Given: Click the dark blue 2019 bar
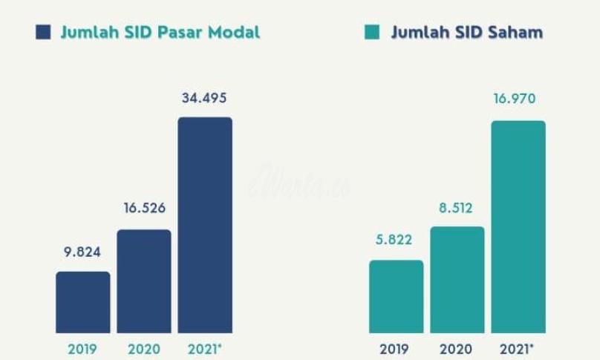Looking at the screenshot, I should [x=82, y=302].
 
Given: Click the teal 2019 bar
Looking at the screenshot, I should [x=396, y=296].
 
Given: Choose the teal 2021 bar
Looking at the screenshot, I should [x=518, y=226].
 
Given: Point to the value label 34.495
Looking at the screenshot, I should [x=204, y=97].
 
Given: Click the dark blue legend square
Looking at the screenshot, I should [x=43, y=33].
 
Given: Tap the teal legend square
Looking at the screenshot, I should [x=371, y=33].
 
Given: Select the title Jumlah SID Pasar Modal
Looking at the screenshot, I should [x=160, y=33].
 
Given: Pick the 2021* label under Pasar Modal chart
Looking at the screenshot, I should [x=206, y=348].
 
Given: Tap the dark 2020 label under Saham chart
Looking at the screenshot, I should [x=457, y=348].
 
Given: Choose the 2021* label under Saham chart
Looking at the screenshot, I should [x=519, y=348].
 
